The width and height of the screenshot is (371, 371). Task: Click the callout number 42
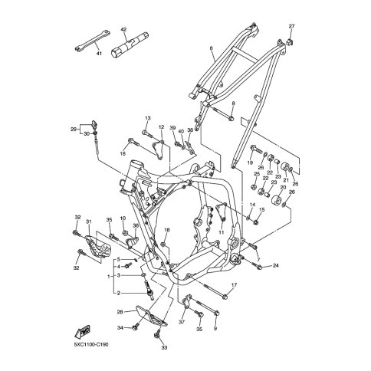tap(123, 30)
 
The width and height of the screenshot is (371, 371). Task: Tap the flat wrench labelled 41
tap(92, 40)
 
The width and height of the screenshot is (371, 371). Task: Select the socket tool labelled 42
tap(130, 44)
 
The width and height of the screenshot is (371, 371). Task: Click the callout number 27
tap(291, 26)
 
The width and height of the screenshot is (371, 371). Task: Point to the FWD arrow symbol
tap(82, 331)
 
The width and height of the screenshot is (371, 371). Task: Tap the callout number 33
tap(164, 348)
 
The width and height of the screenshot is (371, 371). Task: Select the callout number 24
tap(275, 266)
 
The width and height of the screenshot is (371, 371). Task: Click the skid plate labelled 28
tap(151, 315)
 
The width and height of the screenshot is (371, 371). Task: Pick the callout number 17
tap(234, 285)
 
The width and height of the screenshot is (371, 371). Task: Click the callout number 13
tap(148, 118)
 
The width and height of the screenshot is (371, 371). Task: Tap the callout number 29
tap(74, 130)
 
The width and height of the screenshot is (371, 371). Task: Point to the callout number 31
tap(88, 222)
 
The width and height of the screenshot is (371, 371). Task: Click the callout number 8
tap(233, 103)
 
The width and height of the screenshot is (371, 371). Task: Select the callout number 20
tap(283, 187)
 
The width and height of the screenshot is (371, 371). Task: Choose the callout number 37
tap(182, 323)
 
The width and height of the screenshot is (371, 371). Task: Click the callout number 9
tap(215, 329)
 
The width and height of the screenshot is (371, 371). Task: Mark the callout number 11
tap(222, 232)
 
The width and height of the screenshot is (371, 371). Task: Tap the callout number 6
tap(211, 48)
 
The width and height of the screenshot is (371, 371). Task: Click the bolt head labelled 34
tap(135, 327)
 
